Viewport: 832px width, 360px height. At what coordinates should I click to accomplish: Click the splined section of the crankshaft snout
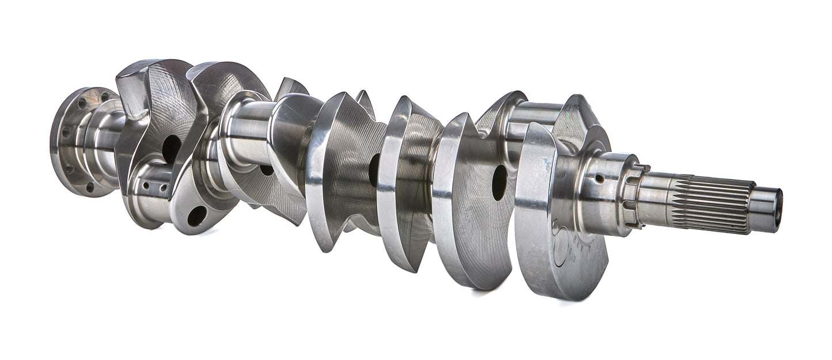[714, 204]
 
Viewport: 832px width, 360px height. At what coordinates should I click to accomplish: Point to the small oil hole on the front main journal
[599, 179]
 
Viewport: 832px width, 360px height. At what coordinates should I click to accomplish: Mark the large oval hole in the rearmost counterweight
[171, 149]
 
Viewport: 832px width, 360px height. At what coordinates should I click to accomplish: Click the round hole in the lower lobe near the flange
[196, 215]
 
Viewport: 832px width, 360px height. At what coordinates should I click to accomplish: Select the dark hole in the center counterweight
[374, 170]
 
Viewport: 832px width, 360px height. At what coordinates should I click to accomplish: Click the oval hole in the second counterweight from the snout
[499, 182]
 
